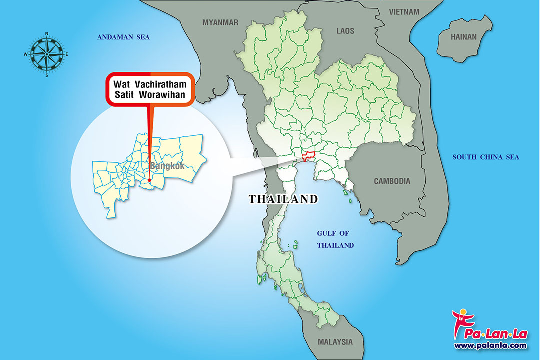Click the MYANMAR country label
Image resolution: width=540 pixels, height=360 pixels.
click(x=220, y=22)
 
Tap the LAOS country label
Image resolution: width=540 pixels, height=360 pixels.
click(x=345, y=31)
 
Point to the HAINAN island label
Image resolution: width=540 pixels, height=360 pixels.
click(x=464, y=37)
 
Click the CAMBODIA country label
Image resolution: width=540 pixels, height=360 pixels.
click(x=392, y=181)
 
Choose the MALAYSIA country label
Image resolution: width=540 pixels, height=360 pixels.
click(x=335, y=342)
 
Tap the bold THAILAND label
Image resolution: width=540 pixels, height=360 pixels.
click(x=283, y=199)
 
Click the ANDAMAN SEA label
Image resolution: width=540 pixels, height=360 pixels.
click(x=123, y=37)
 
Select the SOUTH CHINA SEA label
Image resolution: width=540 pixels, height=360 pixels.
click(x=486, y=157)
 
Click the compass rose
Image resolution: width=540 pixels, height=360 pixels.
click(x=47, y=54)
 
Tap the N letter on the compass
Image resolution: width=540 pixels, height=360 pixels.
click(x=47, y=34)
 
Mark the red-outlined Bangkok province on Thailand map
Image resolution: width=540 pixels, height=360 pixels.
click(x=308, y=156)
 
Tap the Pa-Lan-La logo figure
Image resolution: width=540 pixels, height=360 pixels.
click(x=460, y=323)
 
